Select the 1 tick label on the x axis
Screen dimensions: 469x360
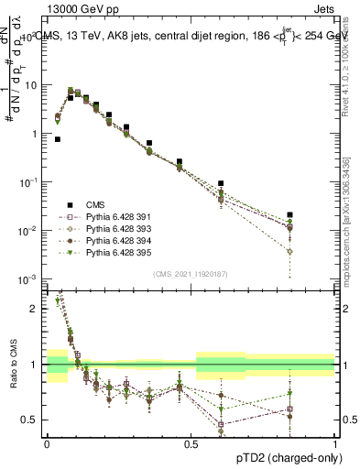[x=335, y=442]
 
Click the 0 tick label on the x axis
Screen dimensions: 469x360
[x=47, y=442]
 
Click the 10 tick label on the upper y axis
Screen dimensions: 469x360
[x=35, y=85]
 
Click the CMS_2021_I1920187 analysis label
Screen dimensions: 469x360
[x=191, y=274]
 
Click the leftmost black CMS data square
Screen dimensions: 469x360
[x=58, y=139]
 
